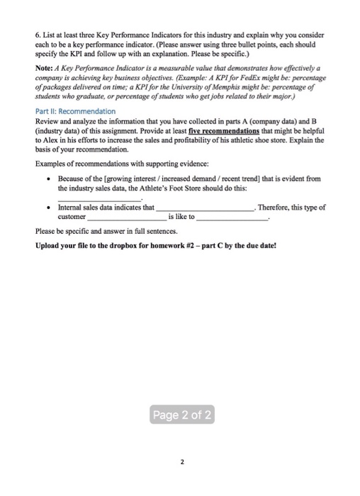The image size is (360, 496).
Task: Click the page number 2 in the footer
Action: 181,462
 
